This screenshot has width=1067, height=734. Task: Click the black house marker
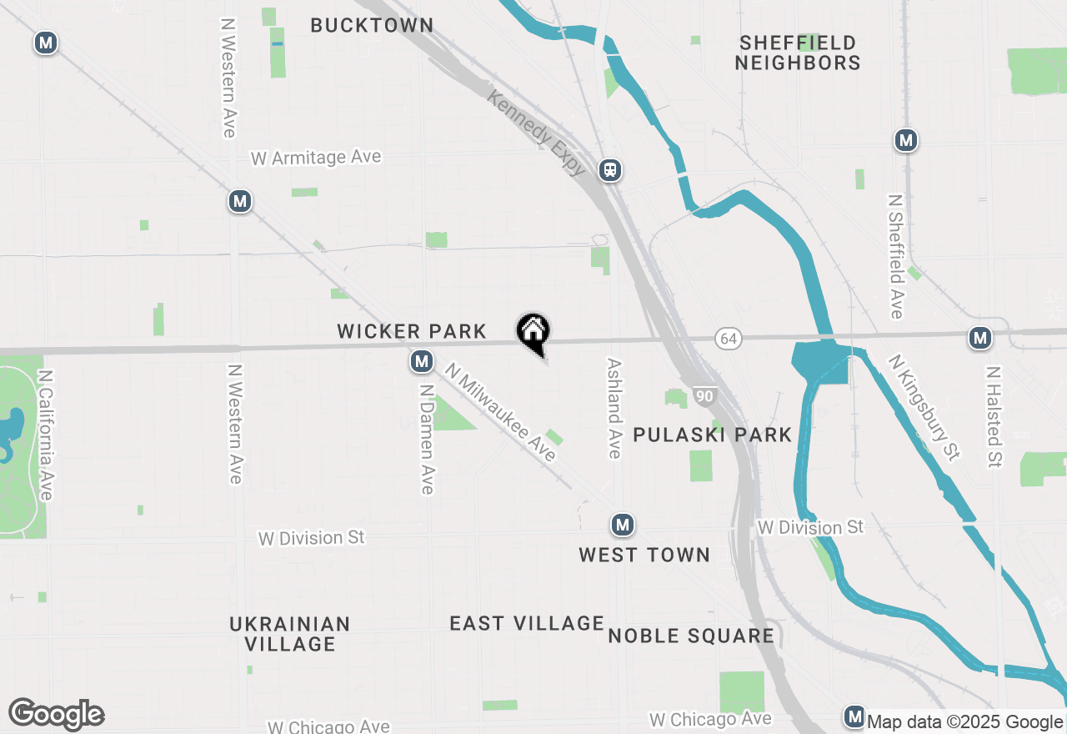(533, 333)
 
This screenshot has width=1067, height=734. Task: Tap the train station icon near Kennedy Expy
(611, 170)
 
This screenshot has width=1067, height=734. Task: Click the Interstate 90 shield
(704, 396)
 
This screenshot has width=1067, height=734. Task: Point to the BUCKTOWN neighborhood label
(372, 26)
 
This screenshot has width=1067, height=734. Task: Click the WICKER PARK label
(412, 332)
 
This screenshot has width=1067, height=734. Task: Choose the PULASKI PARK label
(713, 435)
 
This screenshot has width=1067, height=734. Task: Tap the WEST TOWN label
(644, 555)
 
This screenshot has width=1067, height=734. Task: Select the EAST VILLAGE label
(526, 624)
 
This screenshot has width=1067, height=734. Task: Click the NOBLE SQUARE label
(691, 636)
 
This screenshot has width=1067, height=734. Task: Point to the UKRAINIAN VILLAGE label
(290, 634)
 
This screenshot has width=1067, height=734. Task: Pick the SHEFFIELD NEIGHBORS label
(798, 53)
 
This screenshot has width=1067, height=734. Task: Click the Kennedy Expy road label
(538, 133)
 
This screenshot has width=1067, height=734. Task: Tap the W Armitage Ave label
(316, 158)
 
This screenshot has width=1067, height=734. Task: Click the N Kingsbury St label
(924, 407)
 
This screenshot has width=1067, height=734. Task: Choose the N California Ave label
(45, 435)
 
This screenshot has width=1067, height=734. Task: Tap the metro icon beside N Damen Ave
(423, 361)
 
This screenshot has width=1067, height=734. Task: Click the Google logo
(57, 715)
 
